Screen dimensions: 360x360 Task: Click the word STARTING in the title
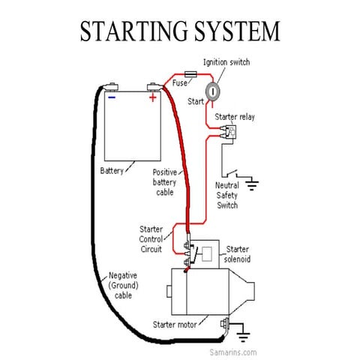(132, 31)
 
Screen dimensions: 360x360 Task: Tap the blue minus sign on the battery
(112, 97)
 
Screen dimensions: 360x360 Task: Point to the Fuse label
(180, 83)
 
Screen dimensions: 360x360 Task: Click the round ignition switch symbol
(213, 91)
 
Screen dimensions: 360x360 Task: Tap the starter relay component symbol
(228, 133)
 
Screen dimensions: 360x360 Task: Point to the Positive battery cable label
(163, 182)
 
